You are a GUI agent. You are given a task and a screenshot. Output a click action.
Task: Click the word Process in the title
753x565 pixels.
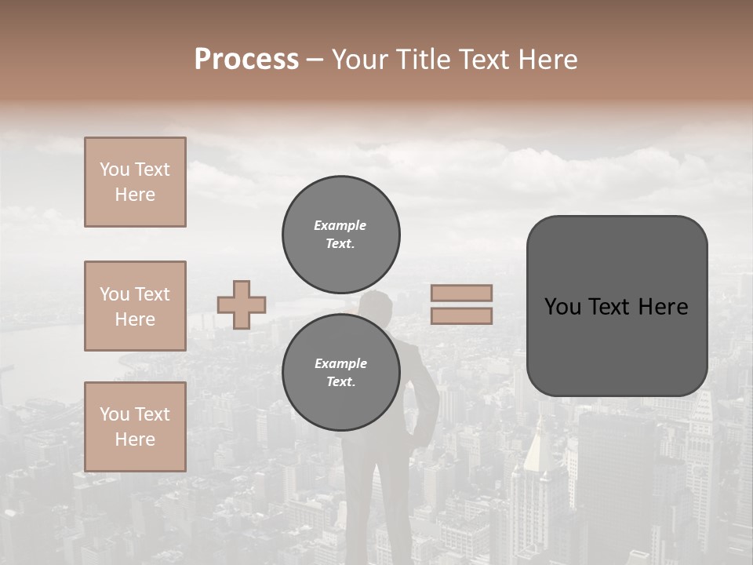(x=246, y=60)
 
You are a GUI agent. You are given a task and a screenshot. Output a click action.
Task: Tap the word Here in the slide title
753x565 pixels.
(x=547, y=60)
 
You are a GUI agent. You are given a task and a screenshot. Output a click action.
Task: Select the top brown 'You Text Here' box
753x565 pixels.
(x=135, y=182)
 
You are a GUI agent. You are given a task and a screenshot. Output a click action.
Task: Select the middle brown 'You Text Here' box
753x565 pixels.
(x=135, y=306)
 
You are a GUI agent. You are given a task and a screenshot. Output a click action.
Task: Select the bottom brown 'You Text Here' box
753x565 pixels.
(x=135, y=427)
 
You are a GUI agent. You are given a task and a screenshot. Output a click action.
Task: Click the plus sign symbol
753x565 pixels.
(x=242, y=304)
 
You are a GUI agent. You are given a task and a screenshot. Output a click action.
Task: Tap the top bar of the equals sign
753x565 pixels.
(x=461, y=293)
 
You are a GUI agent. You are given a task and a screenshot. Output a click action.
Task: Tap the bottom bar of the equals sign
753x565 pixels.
(x=461, y=315)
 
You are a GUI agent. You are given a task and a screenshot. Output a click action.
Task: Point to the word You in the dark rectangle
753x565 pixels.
(x=562, y=307)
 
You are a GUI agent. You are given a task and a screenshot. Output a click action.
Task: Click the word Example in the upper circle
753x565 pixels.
(x=340, y=225)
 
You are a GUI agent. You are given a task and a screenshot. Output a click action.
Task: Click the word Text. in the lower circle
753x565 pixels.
(x=340, y=382)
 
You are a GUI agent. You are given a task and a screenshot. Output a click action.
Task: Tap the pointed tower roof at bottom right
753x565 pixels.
(x=535, y=439)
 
